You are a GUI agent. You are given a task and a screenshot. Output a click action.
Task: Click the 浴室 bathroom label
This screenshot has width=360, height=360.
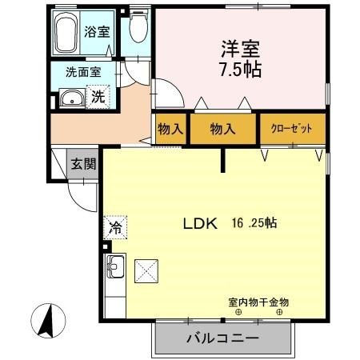(x=98, y=33)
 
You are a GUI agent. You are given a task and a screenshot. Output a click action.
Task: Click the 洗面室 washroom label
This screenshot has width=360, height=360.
(x=83, y=71)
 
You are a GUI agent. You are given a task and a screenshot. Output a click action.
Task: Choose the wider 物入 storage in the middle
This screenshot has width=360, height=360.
(x=223, y=129)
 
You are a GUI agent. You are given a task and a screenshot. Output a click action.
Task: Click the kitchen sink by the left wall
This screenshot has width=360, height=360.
(x=112, y=265)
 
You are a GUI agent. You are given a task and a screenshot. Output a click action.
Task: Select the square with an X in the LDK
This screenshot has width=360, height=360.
(x=146, y=271)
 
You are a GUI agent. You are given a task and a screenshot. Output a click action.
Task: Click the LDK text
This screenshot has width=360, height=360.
(x=201, y=225)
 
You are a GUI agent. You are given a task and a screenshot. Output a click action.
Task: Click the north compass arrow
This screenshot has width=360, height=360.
(x=46, y=322)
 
